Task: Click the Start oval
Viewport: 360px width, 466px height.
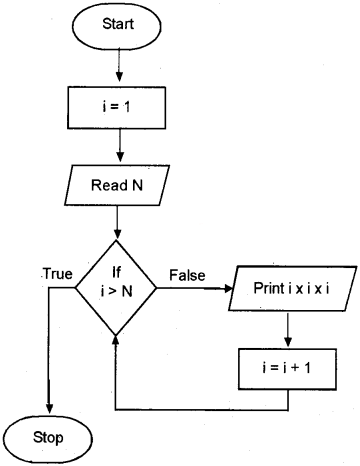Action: (119, 24)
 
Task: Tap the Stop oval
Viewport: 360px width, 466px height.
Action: (48, 438)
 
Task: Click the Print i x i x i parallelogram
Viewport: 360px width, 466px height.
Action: (288, 288)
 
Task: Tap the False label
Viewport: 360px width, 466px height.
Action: (188, 273)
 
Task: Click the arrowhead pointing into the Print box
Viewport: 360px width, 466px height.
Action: (228, 288)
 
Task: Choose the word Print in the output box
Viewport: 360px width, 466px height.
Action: (269, 288)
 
